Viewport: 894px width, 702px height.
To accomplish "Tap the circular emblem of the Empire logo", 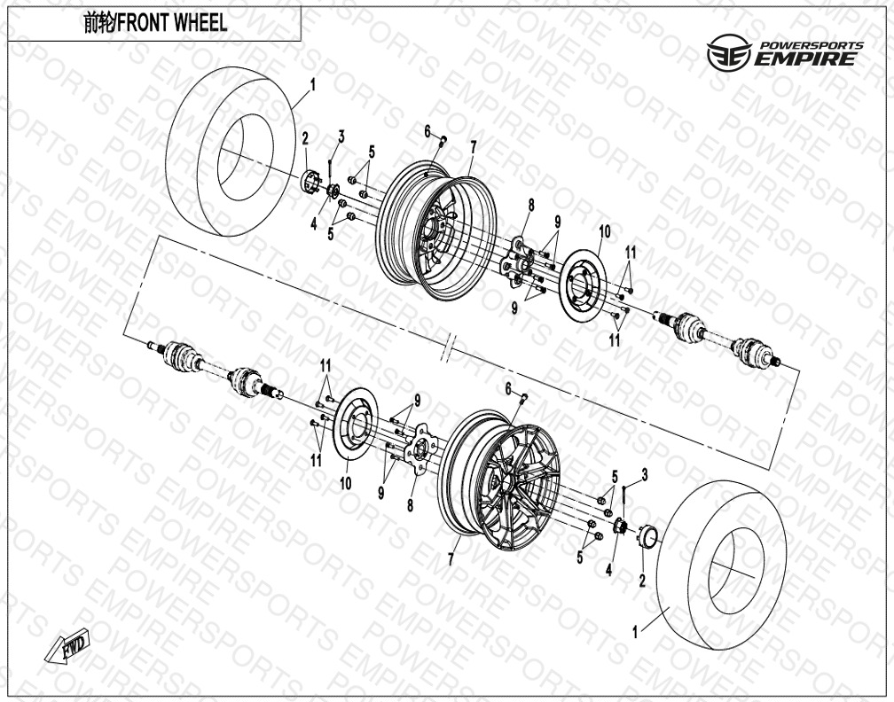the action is point(728,52).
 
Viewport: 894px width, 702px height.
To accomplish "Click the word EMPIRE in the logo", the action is point(805,58).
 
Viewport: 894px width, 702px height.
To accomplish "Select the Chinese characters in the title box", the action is point(98,23).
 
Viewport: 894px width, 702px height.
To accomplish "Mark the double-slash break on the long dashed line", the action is point(449,348).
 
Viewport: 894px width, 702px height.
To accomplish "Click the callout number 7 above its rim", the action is point(473,147).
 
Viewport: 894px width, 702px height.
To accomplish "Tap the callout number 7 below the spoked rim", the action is point(451,559).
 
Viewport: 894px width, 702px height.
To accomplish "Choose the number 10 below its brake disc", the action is point(346,484).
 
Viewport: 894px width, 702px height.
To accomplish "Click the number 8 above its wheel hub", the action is point(530,205).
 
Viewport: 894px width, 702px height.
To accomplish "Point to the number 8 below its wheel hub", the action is point(410,505).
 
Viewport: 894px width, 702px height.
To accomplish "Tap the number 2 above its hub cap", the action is point(305,138).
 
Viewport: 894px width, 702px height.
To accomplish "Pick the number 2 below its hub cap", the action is point(642,581).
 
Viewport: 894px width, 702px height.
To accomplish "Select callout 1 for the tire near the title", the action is point(312,85).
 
